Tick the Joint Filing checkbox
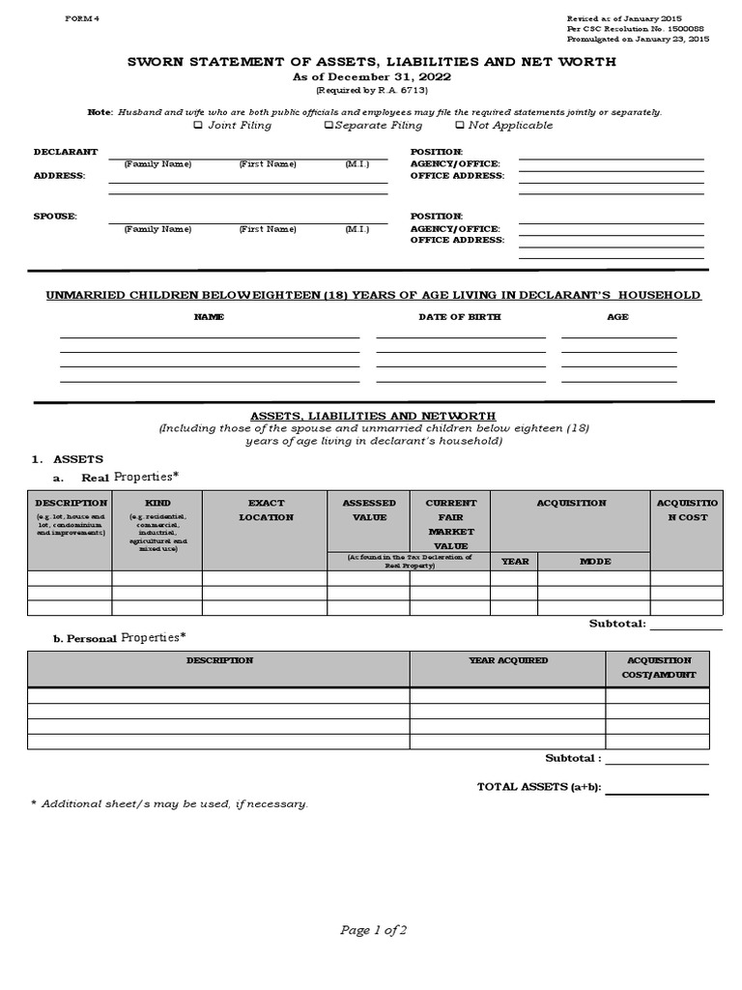[199, 126]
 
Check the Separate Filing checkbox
[328, 126]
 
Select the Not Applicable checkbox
[459, 126]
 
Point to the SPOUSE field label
[54, 217]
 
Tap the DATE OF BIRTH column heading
[459, 317]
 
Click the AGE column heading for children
[617, 317]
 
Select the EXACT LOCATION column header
[266, 510]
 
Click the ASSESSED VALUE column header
[369, 510]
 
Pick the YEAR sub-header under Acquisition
[514, 562]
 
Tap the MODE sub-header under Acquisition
[594, 562]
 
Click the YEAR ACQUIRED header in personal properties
[507, 660]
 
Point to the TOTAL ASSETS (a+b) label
[539, 787]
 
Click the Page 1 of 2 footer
[373, 930]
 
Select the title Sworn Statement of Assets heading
[372, 62]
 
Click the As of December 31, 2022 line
[372, 76]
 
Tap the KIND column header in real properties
[157, 503]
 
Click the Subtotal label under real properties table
[617, 624]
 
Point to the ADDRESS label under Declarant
[59, 176]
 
